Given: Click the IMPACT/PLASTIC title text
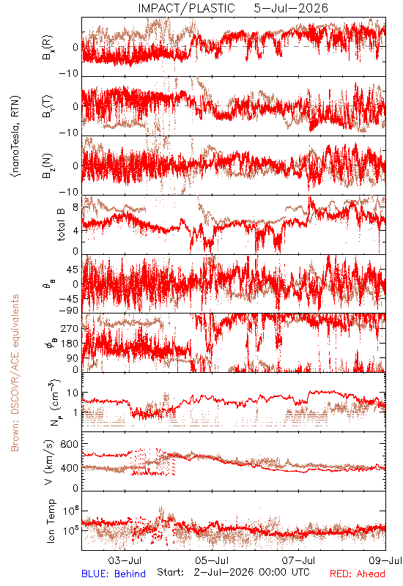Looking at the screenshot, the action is coord(186,8).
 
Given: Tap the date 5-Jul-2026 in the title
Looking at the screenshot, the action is coord(291,8).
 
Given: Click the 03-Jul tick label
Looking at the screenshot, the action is coord(125,560).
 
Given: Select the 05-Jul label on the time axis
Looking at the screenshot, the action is coord(212,560).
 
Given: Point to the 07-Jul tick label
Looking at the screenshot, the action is coord(299,560).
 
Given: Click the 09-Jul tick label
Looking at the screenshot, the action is coord(385,560).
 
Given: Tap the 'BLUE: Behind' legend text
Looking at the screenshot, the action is coord(114,574).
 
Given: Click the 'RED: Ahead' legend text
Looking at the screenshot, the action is coord(357,574).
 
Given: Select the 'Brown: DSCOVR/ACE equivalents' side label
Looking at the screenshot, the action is coord(15,373).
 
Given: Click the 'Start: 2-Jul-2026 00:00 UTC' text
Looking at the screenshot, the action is coord(233,572).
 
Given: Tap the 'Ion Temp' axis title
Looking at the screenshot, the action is coord(51,521).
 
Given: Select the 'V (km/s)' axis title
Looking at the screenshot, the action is coord(49,463).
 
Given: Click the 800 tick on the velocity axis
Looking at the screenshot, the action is coord(69,444).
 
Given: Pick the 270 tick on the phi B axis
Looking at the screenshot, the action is coord(70,328).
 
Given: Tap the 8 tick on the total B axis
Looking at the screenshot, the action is coord(76,207).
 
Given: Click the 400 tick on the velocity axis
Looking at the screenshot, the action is coord(69,468).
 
